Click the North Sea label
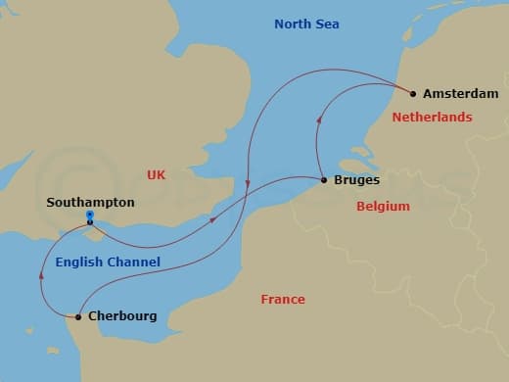point(306,24)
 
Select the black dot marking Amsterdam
point(413,94)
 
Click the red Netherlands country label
point(432,117)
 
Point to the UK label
point(157,174)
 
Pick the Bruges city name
point(356,180)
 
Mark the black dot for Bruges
point(324,180)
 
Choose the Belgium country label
point(383,207)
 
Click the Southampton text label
point(90,203)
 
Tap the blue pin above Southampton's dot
point(89,215)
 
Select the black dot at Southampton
point(89,221)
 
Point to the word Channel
point(136,262)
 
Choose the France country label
point(283,299)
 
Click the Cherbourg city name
point(121,316)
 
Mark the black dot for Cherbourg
point(78,316)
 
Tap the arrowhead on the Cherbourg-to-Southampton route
point(41,275)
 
